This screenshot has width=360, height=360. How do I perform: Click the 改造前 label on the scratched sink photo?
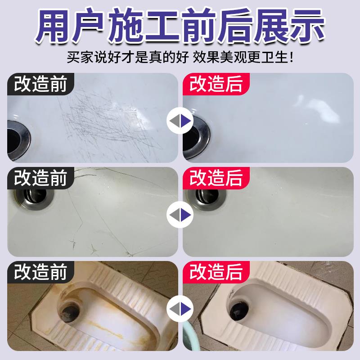[x=40, y=84]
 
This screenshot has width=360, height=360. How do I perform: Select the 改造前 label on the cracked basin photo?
[x=40, y=178]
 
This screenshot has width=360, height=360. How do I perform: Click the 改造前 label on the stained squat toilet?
[x=40, y=272]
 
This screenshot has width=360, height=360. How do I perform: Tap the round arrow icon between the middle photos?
[x=180, y=215]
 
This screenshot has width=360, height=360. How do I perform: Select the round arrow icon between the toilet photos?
[x=180, y=309]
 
